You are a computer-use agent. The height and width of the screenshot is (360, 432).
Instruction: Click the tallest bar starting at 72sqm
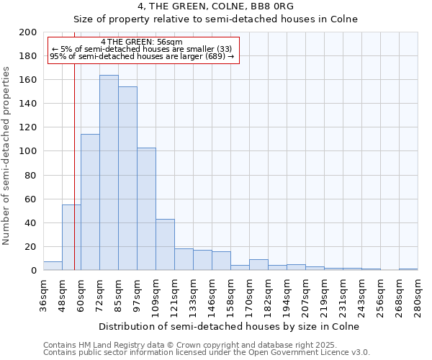[x=109, y=173]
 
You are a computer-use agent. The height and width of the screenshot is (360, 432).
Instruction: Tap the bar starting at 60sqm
[x=90, y=202]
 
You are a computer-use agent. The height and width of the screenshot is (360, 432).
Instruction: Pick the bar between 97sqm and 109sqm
[x=146, y=209]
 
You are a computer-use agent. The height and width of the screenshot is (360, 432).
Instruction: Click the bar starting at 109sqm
[x=165, y=245]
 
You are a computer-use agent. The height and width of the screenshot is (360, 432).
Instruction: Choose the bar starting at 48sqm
[x=71, y=238]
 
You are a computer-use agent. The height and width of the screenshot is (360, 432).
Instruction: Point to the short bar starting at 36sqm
[x=53, y=266]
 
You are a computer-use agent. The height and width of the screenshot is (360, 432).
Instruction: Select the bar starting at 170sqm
[x=258, y=265]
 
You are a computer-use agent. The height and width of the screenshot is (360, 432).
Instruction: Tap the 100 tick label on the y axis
[x=28, y=151]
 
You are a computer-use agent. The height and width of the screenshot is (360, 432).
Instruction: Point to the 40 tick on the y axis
[x=31, y=222]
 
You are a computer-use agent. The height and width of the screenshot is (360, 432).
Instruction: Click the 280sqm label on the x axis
[x=418, y=295]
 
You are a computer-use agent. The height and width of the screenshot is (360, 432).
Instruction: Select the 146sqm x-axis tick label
[x=212, y=295]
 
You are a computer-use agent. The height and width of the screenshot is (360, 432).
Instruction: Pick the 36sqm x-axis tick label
[x=43, y=295]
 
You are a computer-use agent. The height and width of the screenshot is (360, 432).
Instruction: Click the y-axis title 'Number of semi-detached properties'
[x=7, y=156]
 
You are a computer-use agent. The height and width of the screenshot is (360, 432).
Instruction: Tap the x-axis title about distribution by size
[x=230, y=326]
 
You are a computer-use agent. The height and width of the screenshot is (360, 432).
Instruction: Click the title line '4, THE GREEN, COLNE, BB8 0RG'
[x=215, y=6]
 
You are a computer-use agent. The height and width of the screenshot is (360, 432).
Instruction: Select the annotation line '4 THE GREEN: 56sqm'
[x=142, y=42]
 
